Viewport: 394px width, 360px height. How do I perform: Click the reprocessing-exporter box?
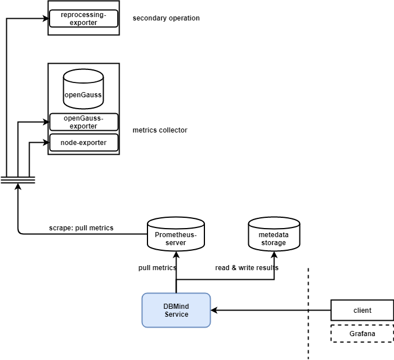(84, 18)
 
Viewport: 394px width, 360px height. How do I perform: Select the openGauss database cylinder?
(83, 89)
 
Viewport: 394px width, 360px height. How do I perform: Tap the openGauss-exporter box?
(84, 122)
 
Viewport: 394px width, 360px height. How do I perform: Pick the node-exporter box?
(84, 142)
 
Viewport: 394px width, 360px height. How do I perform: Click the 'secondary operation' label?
(166, 18)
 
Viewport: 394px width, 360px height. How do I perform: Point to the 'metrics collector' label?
(159, 130)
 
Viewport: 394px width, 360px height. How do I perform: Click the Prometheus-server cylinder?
(176, 234)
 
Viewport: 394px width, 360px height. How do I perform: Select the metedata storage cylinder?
(275, 234)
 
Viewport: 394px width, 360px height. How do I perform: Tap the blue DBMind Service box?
(176, 310)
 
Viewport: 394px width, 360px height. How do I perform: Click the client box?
(362, 311)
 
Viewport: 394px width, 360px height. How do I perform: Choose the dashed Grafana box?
(362, 333)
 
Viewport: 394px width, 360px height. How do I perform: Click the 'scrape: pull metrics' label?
(81, 228)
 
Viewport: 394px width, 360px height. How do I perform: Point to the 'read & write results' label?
(247, 267)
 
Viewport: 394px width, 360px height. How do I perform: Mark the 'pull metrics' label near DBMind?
(157, 267)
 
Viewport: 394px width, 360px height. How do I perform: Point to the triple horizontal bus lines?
(18, 179)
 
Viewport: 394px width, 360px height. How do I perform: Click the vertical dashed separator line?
(309, 313)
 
